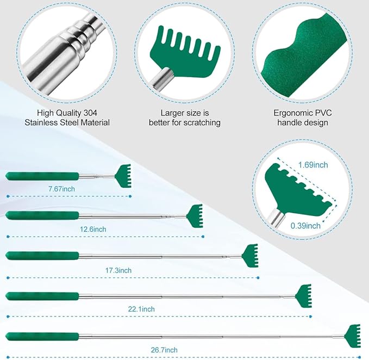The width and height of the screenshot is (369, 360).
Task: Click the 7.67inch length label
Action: [61, 189]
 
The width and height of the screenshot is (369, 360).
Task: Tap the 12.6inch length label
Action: [93, 229]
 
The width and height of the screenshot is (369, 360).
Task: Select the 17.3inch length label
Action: [118, 270]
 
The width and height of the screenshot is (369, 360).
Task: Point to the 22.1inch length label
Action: [141, 309]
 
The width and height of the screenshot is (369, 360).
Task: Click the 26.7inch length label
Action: [164, 350]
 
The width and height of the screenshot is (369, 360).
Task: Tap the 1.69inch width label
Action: [313, 165]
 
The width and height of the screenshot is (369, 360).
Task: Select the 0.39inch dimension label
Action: [305, 226]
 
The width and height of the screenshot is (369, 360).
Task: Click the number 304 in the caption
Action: [90, 113]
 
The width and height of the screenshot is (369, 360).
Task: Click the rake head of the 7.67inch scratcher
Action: [123, 176]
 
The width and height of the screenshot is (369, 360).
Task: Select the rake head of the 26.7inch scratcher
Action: [353, 336]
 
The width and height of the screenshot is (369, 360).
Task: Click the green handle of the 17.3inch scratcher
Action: [42, 256]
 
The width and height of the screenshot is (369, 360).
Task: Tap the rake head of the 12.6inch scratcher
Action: [195, 216]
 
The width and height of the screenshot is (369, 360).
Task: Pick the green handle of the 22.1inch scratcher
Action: [42, 296]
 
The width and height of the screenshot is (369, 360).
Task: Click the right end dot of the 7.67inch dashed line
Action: [130, 196]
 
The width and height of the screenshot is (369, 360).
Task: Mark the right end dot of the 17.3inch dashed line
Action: [258, 278]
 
